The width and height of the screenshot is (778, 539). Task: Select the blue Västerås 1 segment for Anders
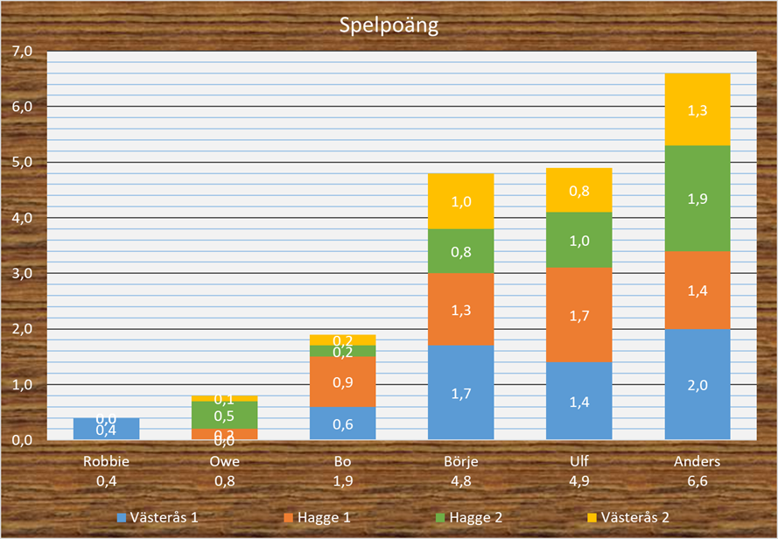click(697, 384)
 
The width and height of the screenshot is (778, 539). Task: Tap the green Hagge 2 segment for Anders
click(697, 199)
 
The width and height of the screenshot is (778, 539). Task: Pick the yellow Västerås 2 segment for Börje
click(461, 201)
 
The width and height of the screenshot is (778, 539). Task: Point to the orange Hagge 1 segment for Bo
click(342, 381)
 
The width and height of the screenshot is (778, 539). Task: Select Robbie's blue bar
click(106, 429)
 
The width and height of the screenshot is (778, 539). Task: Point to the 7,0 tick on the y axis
click(21, 52)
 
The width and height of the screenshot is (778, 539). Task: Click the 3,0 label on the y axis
click(21, 274)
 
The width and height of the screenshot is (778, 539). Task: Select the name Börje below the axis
click(461, 461)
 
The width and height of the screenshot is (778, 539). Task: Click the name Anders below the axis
click(697, 461)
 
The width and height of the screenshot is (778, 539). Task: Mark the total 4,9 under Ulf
click(579, 479)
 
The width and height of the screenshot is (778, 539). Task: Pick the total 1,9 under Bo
click(342, 479)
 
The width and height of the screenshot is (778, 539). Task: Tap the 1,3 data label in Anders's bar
click(697, 110)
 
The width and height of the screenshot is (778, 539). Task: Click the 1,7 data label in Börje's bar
click(461, 394)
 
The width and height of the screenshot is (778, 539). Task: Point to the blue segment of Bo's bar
click(342, 423)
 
